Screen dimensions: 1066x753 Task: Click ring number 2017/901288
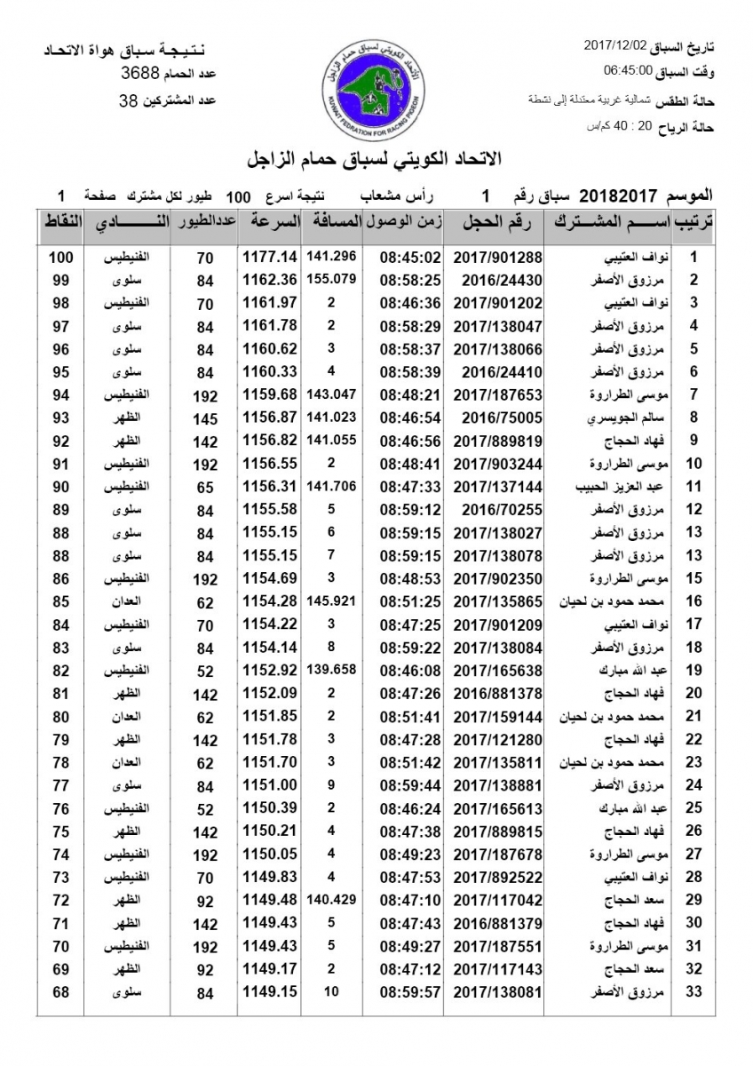[x=497, y=258]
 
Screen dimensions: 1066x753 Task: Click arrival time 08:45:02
[x=410, y=258]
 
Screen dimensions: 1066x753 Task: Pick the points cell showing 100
[x=61, y=258]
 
